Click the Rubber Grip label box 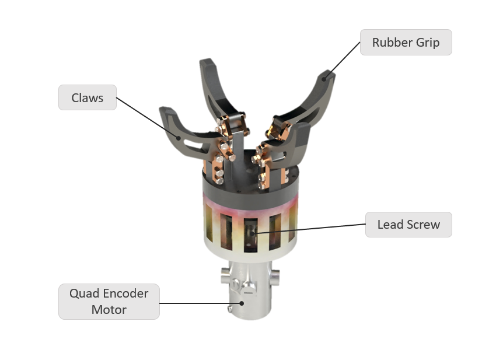pyautogui.click(x=406, y=43)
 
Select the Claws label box pyautogui.click(x=88, y=97)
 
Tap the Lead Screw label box pyautogui.click(x=408, y=225)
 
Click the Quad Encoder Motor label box pyautogui.click(x=109, y=302)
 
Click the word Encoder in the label pyautogui.click(x=126, y=293)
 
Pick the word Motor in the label pyautogui.click(x=109, y=310)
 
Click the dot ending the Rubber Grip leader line pyautogui.click(x=324, y=79)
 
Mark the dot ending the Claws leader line pyautogui.click(x=179, y=138)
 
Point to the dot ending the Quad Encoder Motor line pyautogui.click(x=242, y=303)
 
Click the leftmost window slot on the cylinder pyautogui.click(x=209, y=223)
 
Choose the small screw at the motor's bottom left pyautogui.click(x=230, y=308)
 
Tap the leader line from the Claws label pyautogui.click(x=148, y=118)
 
